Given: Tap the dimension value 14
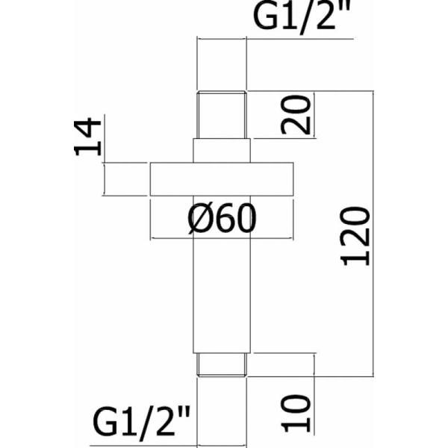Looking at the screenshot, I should [x=88, y=136].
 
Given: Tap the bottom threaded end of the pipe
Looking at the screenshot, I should [x=222, y=364].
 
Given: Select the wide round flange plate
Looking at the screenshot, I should [x=222, y=180].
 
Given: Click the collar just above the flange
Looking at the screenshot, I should [x=222, y=150].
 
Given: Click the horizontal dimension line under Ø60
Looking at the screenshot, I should [x=222, y=238].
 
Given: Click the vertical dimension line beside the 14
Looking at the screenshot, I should [x=105, y=142].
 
